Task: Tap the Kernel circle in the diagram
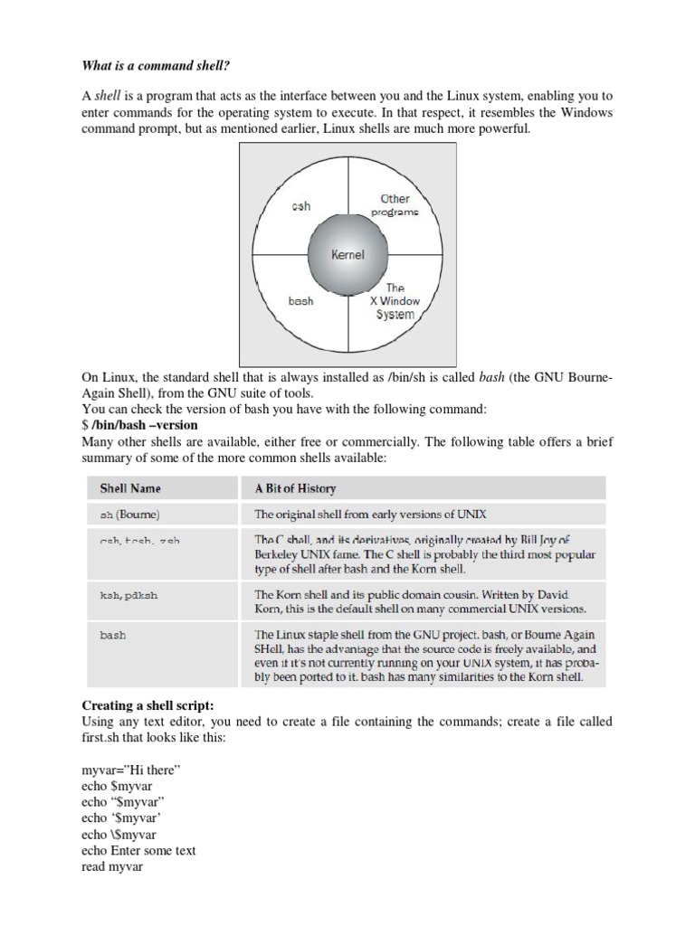[347, 255]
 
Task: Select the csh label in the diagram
[300, 206]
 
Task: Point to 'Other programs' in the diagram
[395, 204]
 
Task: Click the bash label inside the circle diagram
[300, 301]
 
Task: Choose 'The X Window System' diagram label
[395, 301]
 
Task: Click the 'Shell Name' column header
[130, 488]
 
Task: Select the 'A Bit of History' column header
[295, 488]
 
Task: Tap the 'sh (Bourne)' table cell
[129, 515]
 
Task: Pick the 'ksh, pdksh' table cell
[126, 595]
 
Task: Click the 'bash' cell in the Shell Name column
[113, 635]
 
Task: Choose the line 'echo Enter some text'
[138, 850]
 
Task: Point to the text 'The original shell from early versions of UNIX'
[370, 515]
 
